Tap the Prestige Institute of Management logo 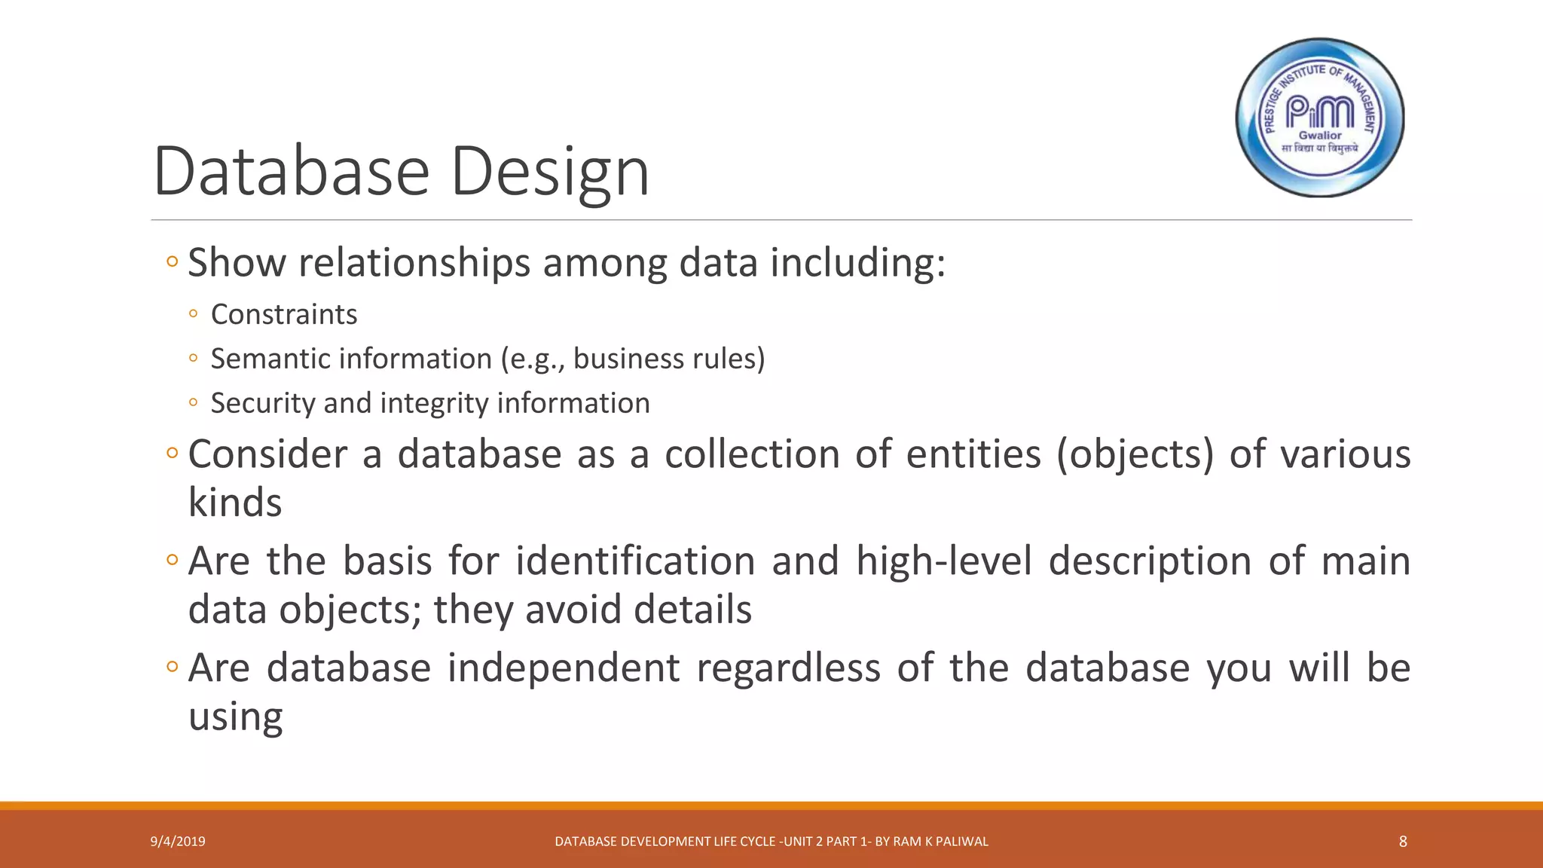(x=1320, y=118)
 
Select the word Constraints (x=284, y=314)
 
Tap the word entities (x=973, y=454)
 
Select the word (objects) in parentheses (x=1135, y=454)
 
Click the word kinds (x=235, y=503)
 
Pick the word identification (x=635, y=561)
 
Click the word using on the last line (x=235, y=717)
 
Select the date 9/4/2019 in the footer (x=178, y=842)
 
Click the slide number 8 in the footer (x=1403, y=842)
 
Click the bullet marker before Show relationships (x=172, y=263)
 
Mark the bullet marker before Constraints (x=194, y=314)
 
